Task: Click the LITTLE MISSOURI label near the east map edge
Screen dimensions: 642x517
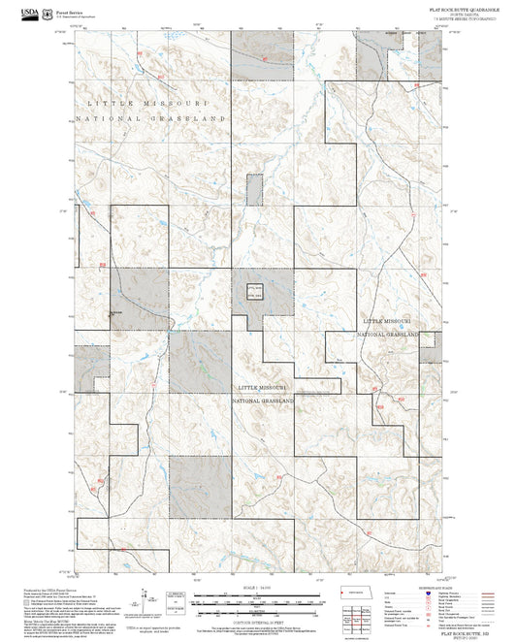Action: pos(388,319)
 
